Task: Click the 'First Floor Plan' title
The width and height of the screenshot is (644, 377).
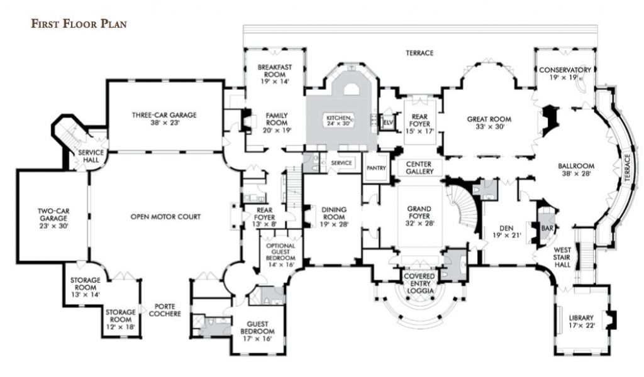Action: coord(79,25)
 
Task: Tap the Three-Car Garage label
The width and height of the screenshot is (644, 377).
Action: coord(164,115)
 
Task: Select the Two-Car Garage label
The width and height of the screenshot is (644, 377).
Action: coord(53,214)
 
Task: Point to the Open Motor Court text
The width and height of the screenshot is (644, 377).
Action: coord(165,216)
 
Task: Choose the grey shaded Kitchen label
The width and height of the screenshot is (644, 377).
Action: coord(341,118)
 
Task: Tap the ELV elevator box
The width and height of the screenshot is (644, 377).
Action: coord(388,121)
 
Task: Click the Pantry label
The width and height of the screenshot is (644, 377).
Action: coord(377,168)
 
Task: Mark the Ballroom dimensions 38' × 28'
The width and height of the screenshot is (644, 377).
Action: coord(575,174)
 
